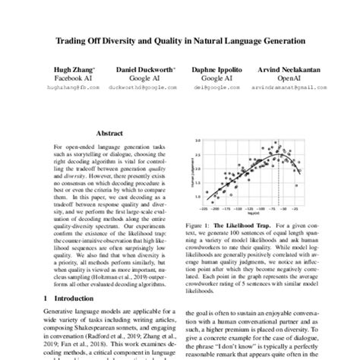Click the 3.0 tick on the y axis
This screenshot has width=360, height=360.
tap(197, 141)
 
